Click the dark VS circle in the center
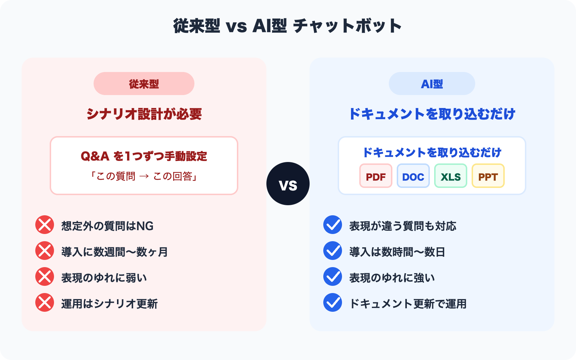click(288, 184)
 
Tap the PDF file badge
click(375, 176)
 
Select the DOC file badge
click(413, 176)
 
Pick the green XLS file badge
click(450, 176)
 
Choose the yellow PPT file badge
click(488, 176)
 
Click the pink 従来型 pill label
click(144, 84)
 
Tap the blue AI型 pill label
click(432, 84)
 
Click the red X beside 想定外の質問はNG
click(45, 225)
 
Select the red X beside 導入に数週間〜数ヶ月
click(45, 251)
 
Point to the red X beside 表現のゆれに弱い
click(45, 277)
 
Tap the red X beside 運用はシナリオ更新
click(45, 303)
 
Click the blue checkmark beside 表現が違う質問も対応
click(333, 225)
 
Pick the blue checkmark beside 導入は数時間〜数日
click(333, 251)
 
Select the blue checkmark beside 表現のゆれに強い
click(333, 277)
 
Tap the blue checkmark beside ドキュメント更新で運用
click(333, 303)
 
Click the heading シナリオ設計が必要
click(144, 114)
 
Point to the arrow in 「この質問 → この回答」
click(144, 176)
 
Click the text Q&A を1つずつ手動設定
click(144, 156)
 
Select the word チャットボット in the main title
click(347, 26)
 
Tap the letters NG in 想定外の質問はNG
click(145, 226)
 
